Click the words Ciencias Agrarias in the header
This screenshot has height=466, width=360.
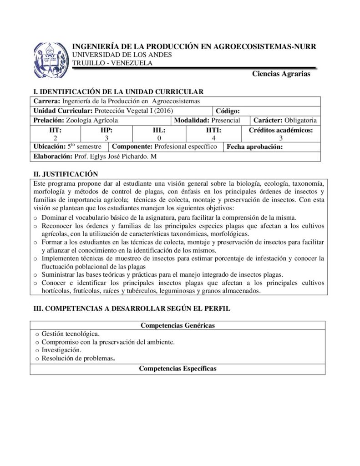(281, 74)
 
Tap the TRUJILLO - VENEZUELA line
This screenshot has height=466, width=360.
(112, 63)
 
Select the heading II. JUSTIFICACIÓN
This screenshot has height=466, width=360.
(66, 174)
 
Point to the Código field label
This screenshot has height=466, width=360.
(231, 111)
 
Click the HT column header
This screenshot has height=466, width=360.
(56, 130)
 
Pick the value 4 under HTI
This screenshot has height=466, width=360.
(213, 138)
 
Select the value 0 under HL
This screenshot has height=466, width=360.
(159, 138)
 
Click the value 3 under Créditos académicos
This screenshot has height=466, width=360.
(281, 138)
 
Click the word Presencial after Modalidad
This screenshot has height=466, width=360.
(226, 120)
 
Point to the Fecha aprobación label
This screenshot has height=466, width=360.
(254, 147)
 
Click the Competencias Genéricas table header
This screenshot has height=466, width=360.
(177, 325)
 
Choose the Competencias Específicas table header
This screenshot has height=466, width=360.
(177, 369)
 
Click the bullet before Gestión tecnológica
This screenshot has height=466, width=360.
(37, 334)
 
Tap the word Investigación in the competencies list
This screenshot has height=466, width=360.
(61, 350)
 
